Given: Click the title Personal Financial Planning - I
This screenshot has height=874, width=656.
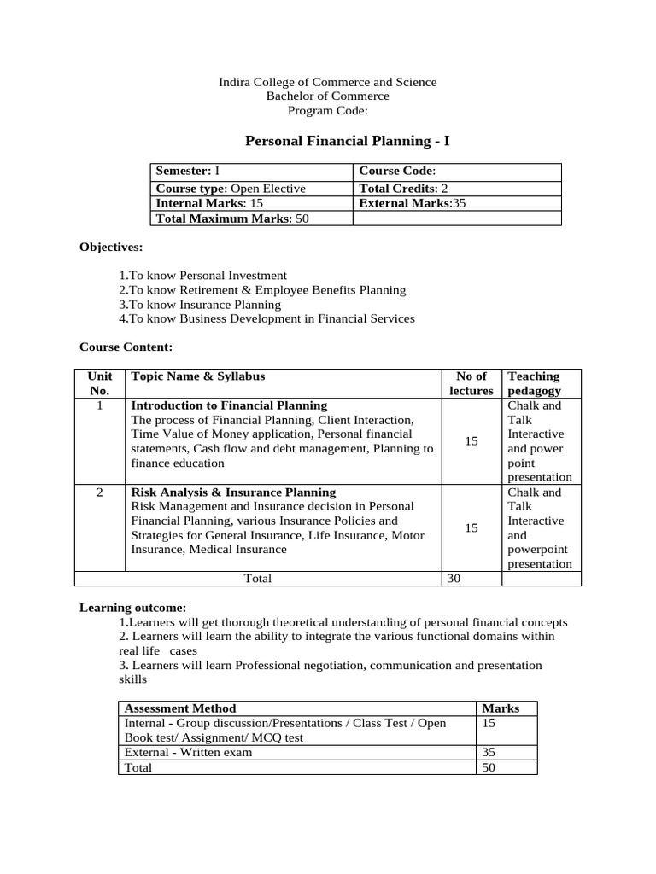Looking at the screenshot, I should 328,140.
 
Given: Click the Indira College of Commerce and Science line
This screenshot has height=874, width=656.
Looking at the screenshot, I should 328,82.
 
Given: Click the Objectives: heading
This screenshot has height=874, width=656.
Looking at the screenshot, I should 111,247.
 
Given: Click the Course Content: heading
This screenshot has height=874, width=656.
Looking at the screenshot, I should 126,347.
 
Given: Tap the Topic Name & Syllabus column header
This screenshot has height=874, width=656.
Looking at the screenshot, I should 197,376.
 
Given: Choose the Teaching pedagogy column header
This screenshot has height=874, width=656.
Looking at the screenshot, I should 534,383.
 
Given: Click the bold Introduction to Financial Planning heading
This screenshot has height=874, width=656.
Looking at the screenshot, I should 228,405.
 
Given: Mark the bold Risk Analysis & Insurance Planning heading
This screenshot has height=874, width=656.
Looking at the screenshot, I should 233,492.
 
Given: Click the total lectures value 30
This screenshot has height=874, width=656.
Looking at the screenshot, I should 454,579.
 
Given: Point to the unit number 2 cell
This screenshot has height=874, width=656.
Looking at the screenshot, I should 100,492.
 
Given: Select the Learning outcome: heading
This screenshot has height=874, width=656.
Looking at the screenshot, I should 132,608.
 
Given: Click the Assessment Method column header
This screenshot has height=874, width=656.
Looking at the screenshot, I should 180,708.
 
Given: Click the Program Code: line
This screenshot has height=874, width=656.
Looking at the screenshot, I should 328,111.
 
